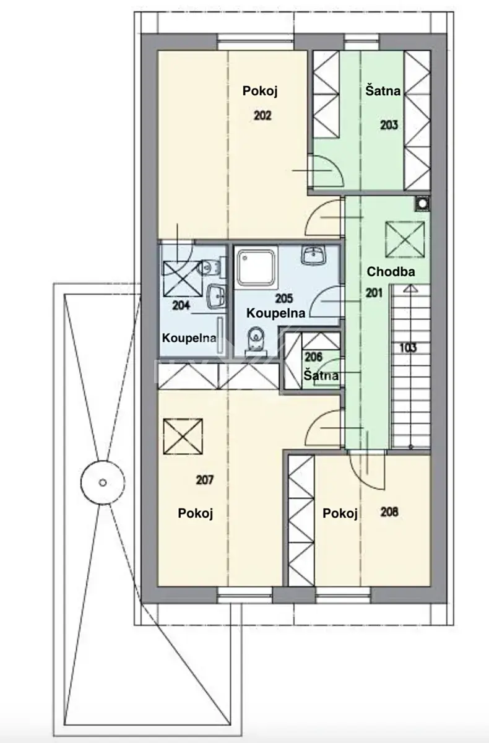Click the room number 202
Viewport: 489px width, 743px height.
(x=262, y=115)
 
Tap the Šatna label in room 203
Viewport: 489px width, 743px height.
(x=383, y=90)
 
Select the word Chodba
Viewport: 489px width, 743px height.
(x=391, y=272)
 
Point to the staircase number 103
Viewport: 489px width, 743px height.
(x=408, y=348)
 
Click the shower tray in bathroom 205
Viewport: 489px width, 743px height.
(x=256, y=267)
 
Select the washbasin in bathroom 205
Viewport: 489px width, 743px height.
(x=314, y=255)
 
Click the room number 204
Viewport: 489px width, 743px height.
(x=181, y=305)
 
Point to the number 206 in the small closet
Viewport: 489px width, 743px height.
(x=314, y=357)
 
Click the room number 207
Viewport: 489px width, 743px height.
(x=204, y=480)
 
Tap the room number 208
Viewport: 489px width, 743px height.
(x=389, y=512)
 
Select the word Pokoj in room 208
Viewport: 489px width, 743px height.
(x=340, y=514)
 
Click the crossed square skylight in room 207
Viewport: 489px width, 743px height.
(x=183, y=436)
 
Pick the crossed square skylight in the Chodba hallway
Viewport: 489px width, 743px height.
(x=405, y=239)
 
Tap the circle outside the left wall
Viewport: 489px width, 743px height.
(x=103, y=482)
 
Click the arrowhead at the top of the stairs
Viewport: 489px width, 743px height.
(x=411, y=289)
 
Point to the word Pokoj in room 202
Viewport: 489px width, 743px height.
(x=260, y=91)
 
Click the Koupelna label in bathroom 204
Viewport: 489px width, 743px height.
(x=189, y=338)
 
